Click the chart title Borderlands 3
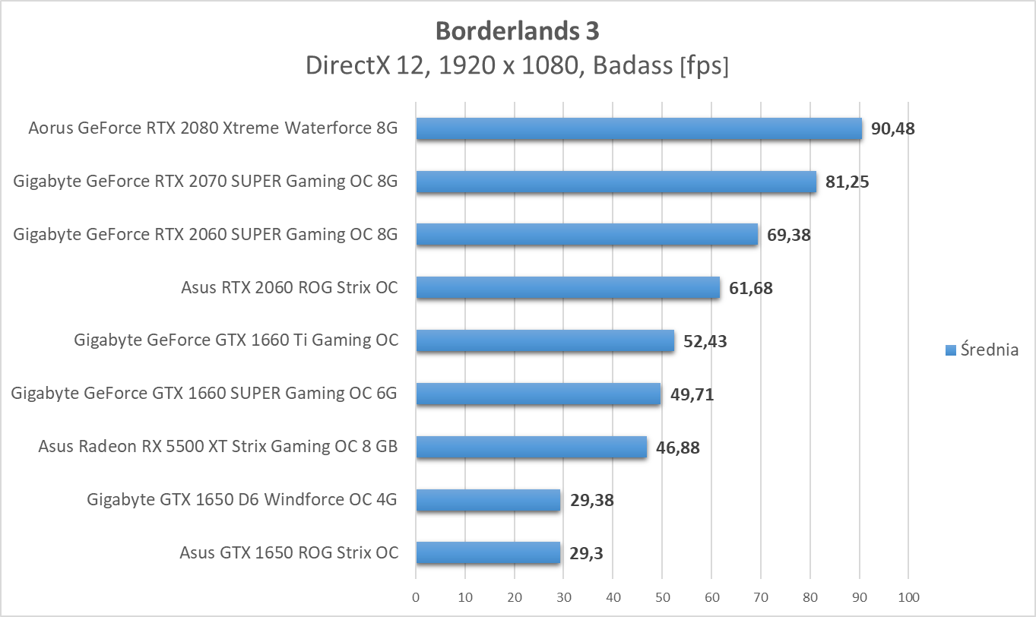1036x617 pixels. (517, 31)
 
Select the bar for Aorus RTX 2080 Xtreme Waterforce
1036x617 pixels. (638, 129)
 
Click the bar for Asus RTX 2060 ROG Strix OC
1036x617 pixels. (568, 287)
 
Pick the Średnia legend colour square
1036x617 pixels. (950, 350)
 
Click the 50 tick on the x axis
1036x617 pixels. (662, 597)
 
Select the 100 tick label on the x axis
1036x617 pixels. (908, 597)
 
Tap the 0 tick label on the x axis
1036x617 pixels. (416, 597)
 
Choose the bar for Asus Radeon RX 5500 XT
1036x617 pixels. (531, 447)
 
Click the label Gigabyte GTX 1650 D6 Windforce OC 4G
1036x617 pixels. (242, 499)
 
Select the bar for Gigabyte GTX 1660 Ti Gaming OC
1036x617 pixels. (545, 340)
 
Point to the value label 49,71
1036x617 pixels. (692, 394)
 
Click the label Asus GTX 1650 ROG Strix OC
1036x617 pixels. (289, 552)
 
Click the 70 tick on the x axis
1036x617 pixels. (761, 597)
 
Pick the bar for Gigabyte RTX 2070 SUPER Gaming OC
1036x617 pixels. (616, 182)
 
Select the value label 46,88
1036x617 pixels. (678, 448)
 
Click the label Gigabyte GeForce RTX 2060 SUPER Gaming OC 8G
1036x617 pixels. (205, 234)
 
